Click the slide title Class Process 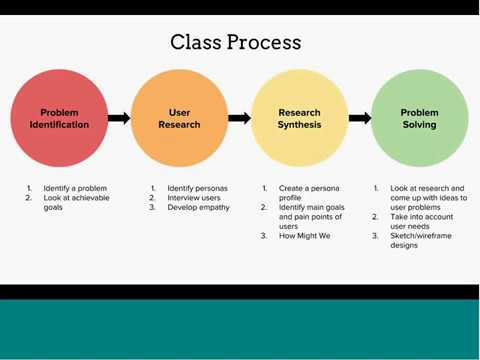pyautogui.click(x=235, y=42)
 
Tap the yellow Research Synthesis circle pyautogui.click(x=299, y=119)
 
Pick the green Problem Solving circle pyautogui.click(x=419, y=119)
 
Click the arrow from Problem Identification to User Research pyautogui.click(x=119, y=118)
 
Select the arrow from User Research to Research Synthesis pyautogui.click(x=239, y=118)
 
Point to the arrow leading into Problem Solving pyautogui.click(x=359, y=118)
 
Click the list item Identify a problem pyautogui.click(x=74, y=188)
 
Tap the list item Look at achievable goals pyautogui.click(x=76, y=202)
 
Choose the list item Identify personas pyautogui.click(x=197, y=188)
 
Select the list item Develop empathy pyautogui.click(x=198, y=207)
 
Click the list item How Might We pyautogui.click(x=304, y=236)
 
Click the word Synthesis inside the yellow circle pyautogui.click(x=299, y=125)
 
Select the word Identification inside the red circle pyautogui.click(x=59, y=125)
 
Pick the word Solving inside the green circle pyautogui.click(x=419, y=125)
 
